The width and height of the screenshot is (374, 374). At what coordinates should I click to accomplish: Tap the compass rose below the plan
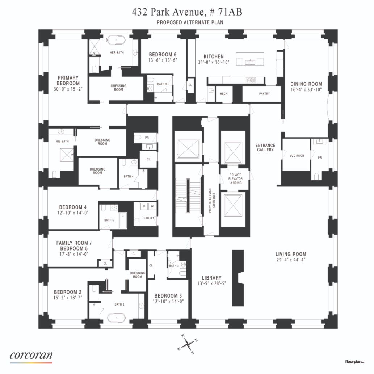click(188, 344)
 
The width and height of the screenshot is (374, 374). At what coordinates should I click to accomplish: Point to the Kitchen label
click(214, 56)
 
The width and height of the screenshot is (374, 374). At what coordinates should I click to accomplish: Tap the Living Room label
click(291, 254)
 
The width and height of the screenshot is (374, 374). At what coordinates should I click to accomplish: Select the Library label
click(209, 278)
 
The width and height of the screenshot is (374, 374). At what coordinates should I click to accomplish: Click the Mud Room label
click(297, 156)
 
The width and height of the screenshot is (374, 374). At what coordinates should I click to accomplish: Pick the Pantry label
click(265, 93)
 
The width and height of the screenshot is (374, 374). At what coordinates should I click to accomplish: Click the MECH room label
click(224, 93)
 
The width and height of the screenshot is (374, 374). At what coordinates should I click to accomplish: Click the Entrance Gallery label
click(266, 147)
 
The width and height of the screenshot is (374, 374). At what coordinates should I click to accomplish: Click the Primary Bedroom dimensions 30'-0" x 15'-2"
click(68, 89)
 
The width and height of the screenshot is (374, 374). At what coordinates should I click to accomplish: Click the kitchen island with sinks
click(251, 60)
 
